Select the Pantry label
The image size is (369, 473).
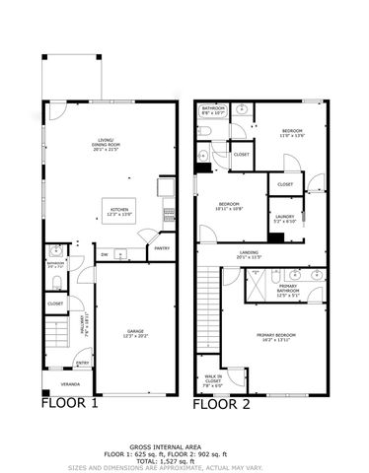click(161, 248)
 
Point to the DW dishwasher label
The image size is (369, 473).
click(105, 255)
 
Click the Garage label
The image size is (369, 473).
click(134, 334)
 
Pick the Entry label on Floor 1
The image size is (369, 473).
click(83, 363)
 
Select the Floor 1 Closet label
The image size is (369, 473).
click(56, 304)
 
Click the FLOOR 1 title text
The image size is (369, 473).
click(68, 402)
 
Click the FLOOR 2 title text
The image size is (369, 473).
click(221, 402)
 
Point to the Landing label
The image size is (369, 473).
click(251, 255)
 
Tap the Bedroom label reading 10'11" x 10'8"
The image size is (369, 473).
click(231, 207)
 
